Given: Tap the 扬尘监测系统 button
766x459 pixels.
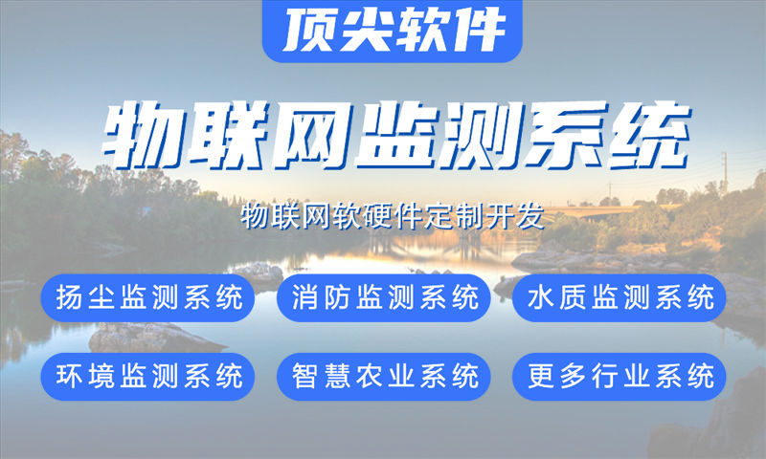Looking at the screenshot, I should (148, 298).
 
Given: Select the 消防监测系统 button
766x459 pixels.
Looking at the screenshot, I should (383, 298).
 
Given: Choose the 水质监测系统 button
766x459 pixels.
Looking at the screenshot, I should (620, 298).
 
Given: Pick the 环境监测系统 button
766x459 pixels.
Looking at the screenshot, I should (148, 376).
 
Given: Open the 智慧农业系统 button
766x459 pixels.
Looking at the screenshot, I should (383, 376).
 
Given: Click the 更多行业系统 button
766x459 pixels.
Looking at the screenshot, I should (620, 376).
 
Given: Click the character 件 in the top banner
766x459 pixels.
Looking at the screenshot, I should (479, 31).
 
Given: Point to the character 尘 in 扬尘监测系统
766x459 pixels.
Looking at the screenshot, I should (100, 298).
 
